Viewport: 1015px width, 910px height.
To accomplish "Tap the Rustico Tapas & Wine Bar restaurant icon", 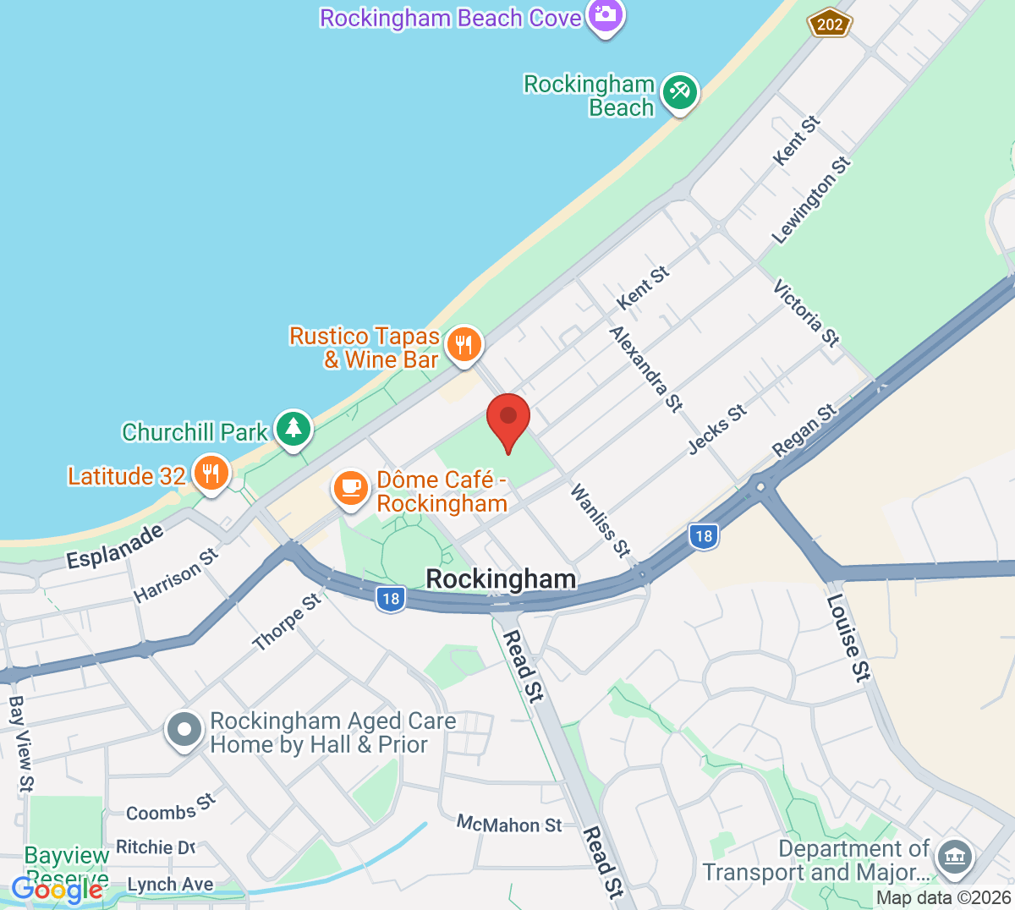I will coord(464,345).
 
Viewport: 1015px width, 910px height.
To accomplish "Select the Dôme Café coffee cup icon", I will coord(350,489).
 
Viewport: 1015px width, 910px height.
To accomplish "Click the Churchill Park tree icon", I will coord(294,429).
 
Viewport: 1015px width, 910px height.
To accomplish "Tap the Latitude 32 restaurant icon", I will coord(211,474).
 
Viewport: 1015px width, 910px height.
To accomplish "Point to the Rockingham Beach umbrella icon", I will coord(679,91).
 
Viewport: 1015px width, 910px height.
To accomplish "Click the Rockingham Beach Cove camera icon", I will coord(605,15).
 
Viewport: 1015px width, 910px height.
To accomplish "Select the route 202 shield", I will coord(829,24).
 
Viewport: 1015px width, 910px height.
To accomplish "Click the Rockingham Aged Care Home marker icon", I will coord(184,729).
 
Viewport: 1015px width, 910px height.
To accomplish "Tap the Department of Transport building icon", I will coord(955,857).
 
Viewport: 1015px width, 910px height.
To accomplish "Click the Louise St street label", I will coord(848,638).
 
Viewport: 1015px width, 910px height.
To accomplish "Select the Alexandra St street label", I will coord(646,370).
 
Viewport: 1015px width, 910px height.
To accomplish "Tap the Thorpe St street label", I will coord(287,622).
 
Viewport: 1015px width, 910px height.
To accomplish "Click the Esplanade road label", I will coord(115,546).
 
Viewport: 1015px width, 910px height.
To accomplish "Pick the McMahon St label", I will coord(509,824).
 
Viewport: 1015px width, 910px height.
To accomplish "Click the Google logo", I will coord(57,890).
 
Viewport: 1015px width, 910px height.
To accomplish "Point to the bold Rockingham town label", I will coord(501,579).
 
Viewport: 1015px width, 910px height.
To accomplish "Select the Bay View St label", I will coord(21,744).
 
